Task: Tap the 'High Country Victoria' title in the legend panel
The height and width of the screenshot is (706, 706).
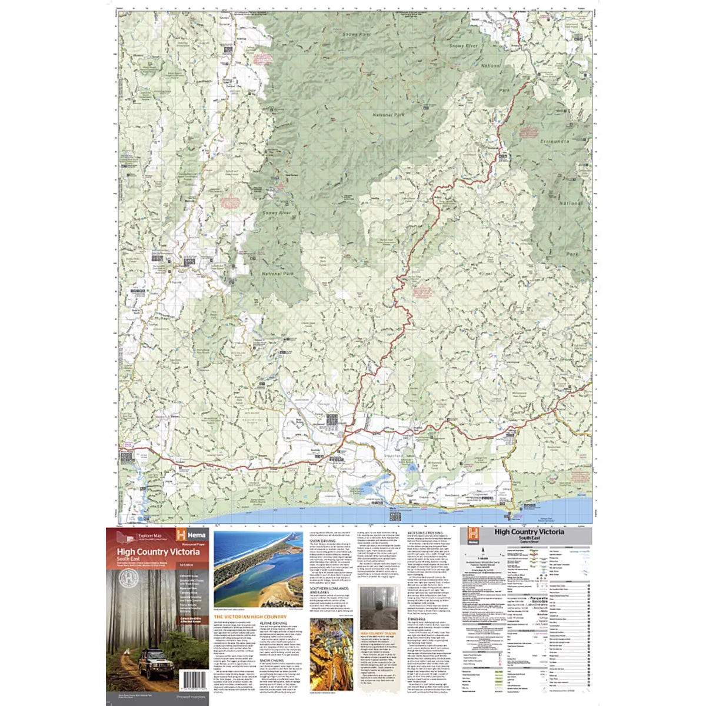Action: (x=528, y=532)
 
